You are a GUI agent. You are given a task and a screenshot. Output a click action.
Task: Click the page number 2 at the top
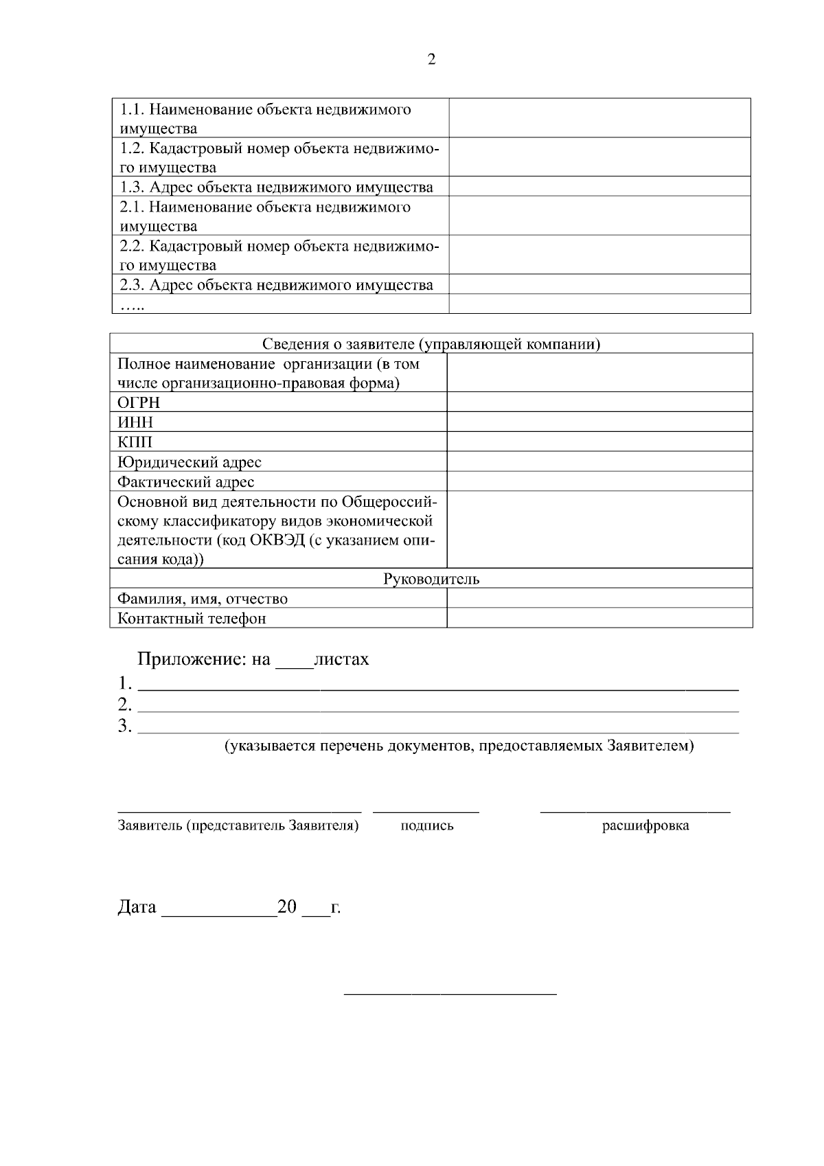tap(431, 60)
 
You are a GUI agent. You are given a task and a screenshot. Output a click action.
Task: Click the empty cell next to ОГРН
tap(599, 402)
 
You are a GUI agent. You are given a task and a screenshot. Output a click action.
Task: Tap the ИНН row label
tap(136, 422)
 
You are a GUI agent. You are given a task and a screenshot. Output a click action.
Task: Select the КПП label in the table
tap(135, 442)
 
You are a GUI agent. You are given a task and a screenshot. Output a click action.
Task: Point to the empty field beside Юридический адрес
tap(599, 461)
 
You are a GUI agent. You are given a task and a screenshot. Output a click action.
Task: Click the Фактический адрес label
tap(186, 482)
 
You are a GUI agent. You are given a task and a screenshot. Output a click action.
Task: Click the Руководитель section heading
tap(431, 579)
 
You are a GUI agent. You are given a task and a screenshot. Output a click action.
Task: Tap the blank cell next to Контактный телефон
tap(599, 618)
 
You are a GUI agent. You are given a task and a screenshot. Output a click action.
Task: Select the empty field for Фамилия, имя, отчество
tap(599, 598)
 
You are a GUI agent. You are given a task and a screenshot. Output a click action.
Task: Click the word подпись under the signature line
tap(427, 826)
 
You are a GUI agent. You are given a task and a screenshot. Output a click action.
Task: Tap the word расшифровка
tap(645, 826)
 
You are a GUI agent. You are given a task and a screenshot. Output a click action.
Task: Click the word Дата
tap(137, 908)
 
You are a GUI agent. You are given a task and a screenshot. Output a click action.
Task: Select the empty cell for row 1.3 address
tap(599, 187)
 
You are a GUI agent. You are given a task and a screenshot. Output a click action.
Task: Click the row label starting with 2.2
tap(279, 255)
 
